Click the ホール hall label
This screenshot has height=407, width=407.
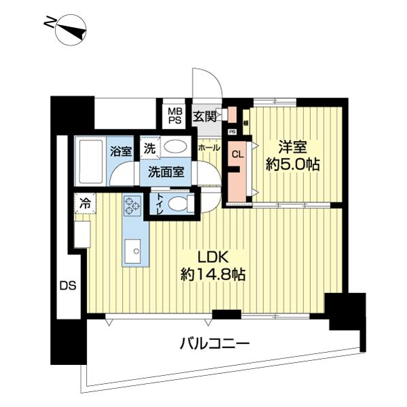pos(208,147)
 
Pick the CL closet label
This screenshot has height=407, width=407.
pos(237,154)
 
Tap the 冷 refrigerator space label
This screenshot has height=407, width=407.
pos(85,202)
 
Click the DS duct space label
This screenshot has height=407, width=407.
pos(67,285)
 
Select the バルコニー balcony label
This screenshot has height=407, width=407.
pos(214,343)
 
